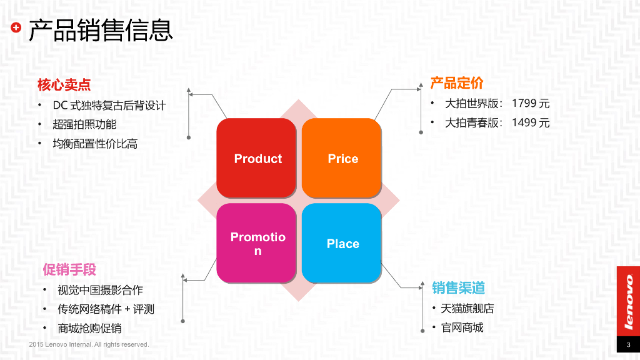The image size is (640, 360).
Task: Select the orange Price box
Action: pyautogui.click(x=342, y=158)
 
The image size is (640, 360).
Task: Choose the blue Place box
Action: pyautogui.click(x=342, y=243)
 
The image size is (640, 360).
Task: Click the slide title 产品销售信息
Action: pyautogui.click(x=100, y=29)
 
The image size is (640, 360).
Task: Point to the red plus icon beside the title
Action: pyautogui.click(x=16, y=27)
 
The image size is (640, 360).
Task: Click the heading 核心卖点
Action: pyautogui.click(x=64, y=84)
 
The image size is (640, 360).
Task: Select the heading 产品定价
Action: pyautogui.click(x=456, y=82)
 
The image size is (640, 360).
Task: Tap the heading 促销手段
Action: pyautogui.click(x=69, y=269)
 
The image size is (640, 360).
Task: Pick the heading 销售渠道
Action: pyautogui.click(x=458, y=287)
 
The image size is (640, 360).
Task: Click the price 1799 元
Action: pyautogui.click(x=531, y=104)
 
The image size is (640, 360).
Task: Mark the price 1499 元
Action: pyautogui.click(x=531, y=122)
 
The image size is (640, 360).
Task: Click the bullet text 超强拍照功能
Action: pyautogui.click(x=84, y=124)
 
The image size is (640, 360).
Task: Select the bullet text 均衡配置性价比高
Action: pyautogui.click(x=95, y=144)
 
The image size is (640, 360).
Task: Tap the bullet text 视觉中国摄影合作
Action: pyautogui.click(x=100, y=290)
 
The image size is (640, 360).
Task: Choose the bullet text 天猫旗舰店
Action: pyautogui.click(x=467, y=308)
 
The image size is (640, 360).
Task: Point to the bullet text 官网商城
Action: pyautogui.click(x=462, y=327)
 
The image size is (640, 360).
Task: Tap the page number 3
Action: pyautogui.click(x=628, y=345)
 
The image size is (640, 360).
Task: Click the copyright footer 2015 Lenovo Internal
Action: pyautogui.click(x=89, y=344)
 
